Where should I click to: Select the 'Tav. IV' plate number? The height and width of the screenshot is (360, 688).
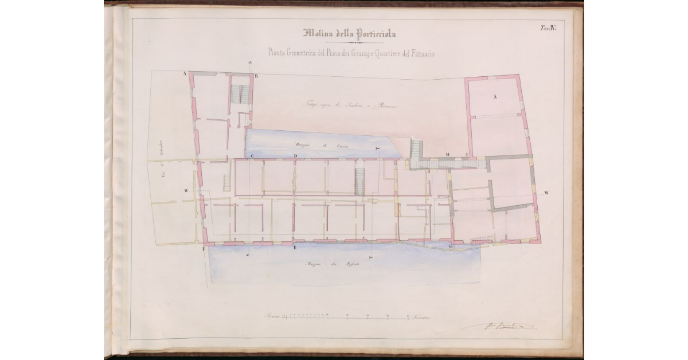pos(546,28)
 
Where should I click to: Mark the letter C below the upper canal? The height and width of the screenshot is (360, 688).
pos(251,156)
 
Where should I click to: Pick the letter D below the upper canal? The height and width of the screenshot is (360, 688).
pos(295,156)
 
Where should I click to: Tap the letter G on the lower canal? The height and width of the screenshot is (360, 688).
pos(451,246)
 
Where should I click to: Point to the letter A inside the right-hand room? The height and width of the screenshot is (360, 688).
pos(495,97)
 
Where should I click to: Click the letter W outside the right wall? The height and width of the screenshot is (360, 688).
pos(546,193)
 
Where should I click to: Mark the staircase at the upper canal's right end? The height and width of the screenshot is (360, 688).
pos(416,150)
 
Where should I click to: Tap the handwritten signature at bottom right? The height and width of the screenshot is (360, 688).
pos(499,326)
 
